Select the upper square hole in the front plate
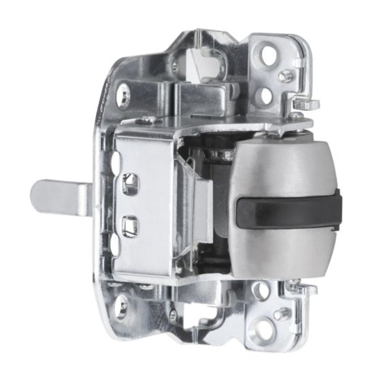130,183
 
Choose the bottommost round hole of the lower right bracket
265,330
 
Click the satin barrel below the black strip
286,252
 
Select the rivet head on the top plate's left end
143,120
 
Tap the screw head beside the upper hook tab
295,115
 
